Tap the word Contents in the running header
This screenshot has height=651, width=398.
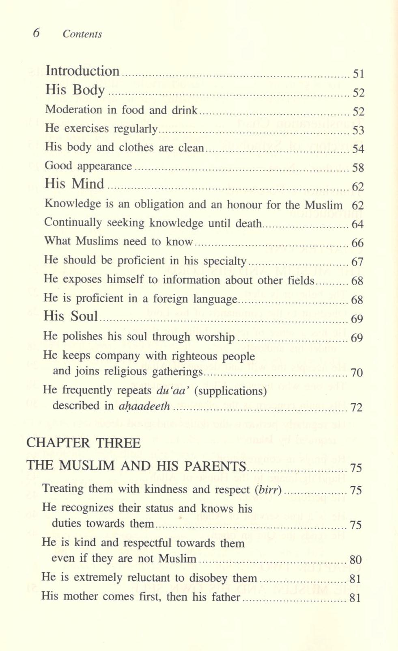tap(82, 34)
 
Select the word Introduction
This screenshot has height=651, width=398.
tap(82, 71)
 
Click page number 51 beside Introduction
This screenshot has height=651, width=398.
tap(358, 74)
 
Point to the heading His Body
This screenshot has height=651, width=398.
tap(75, 90)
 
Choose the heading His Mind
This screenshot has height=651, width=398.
tap(74, 184)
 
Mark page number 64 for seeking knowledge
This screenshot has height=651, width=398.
tap(357, 224)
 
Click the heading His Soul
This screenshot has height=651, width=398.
tap(71, 316)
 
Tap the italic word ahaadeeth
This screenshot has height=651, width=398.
tap(144, 406)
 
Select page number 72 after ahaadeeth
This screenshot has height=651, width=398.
tap(356, 407)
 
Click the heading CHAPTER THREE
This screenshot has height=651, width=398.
tap(84, 443)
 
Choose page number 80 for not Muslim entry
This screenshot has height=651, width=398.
tap(355, 560)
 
